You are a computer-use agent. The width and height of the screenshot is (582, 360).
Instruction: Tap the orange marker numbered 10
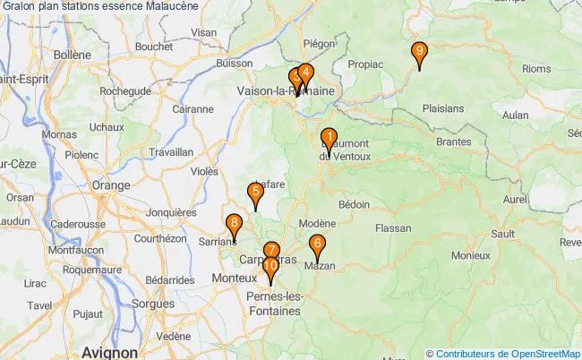[x=270, y=270]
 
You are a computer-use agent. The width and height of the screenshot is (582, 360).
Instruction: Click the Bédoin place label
[x=354, y=204]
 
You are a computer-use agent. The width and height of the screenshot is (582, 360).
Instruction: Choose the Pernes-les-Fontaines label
[x=276, y=303]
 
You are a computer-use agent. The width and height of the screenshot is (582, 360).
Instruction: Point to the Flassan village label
[x=392, y=228]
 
